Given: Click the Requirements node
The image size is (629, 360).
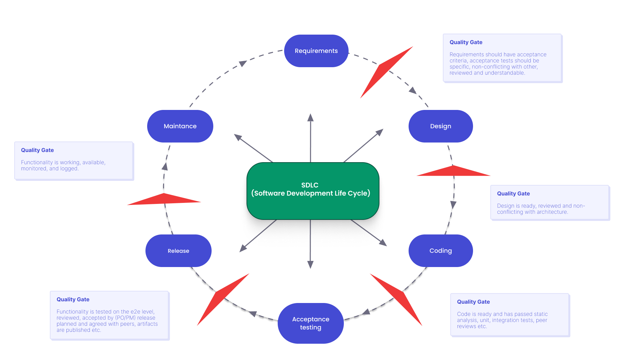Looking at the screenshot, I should click(316, 51).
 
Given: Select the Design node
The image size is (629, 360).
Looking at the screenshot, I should click(440, 126).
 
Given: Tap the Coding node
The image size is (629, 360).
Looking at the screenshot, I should click(440, 251).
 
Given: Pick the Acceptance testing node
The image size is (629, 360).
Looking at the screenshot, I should click(311, 323).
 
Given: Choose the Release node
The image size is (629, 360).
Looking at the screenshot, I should click(178, 251).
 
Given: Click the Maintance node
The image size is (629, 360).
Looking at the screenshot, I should click(180, 126).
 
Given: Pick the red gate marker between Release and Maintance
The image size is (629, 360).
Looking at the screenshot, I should click(164, 200).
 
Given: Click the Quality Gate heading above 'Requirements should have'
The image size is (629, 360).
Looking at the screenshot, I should click(466, 42).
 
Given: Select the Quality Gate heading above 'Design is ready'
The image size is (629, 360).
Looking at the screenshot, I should click(513, 194).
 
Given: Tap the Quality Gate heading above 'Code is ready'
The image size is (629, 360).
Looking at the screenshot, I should click(473, 302).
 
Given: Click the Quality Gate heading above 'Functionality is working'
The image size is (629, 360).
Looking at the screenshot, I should click(37, 150).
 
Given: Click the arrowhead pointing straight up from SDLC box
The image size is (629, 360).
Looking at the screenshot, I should click(310, 117).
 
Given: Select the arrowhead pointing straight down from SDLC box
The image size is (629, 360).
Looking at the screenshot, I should click(310, 265).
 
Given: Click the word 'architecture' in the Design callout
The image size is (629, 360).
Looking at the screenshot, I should click(552, 212).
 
